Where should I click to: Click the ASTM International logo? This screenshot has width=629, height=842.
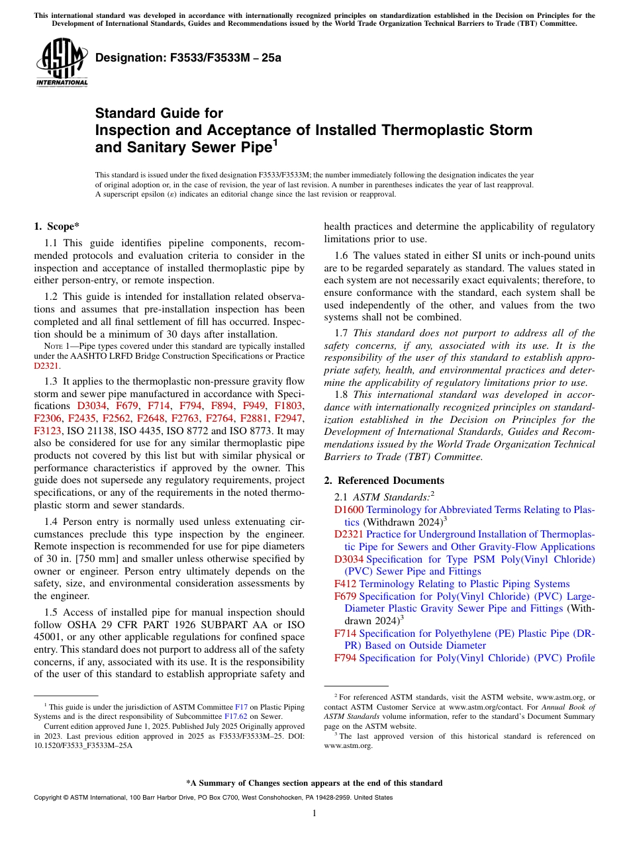point(62,64)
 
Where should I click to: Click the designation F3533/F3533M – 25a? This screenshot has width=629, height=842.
point(189,58)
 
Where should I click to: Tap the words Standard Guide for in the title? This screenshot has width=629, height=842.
point(159,113)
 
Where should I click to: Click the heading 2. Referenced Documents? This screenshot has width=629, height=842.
point(383,481)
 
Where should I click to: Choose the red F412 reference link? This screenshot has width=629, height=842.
point(345,584)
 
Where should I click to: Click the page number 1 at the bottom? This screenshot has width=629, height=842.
point(314,814)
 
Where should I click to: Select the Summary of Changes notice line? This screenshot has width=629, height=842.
point(314,783)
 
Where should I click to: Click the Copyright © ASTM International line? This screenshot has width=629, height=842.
point(213,798)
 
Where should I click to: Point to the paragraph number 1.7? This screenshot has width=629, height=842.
point(342,333)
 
